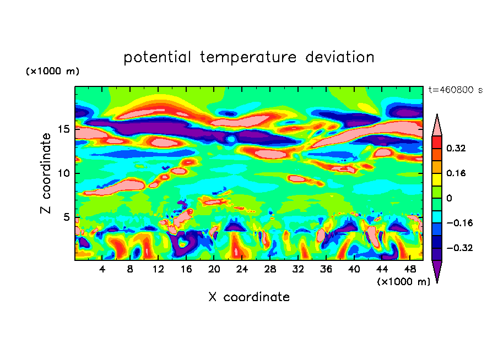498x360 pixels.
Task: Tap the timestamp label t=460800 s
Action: tap(456, 90)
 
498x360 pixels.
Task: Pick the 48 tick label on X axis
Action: tap(409, 270)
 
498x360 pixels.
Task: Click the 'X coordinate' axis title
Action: tap(249, 297)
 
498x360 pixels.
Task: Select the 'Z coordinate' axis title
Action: tap(46, 173)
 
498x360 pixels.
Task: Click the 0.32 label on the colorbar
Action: tap(456, 148)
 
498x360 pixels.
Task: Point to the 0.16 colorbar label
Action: tap(456, 173)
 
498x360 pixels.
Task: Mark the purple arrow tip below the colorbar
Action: tap(437, 271)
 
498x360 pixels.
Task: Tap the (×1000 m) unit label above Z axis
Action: tap(52, 72)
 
